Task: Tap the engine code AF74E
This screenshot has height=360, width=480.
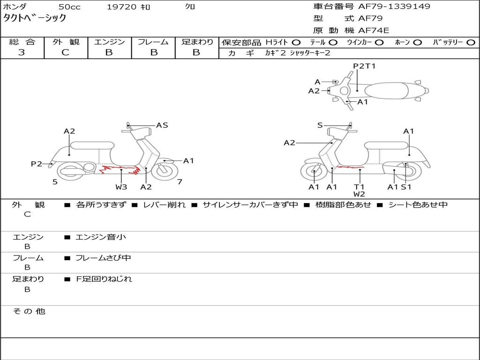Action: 374,31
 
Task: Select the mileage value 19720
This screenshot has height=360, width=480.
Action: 121,7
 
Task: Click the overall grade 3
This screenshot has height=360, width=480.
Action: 22,52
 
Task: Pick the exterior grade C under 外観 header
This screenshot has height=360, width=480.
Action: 65,52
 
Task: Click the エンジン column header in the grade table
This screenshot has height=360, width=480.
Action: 109,42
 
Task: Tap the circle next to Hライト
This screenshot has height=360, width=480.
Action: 296,42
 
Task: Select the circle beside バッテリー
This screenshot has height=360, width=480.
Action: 471,42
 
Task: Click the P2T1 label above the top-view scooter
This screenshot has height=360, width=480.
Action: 364,66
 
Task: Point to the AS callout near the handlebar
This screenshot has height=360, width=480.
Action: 162,125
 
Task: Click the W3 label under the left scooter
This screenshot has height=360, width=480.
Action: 121,187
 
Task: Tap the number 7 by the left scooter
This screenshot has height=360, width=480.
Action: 180,181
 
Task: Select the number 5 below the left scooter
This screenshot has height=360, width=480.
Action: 55,181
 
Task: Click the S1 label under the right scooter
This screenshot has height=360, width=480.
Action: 406,187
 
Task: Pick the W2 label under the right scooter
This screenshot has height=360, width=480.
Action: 360,194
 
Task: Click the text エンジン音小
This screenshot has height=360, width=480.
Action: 101,237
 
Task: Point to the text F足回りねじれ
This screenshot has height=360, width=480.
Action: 104,279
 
